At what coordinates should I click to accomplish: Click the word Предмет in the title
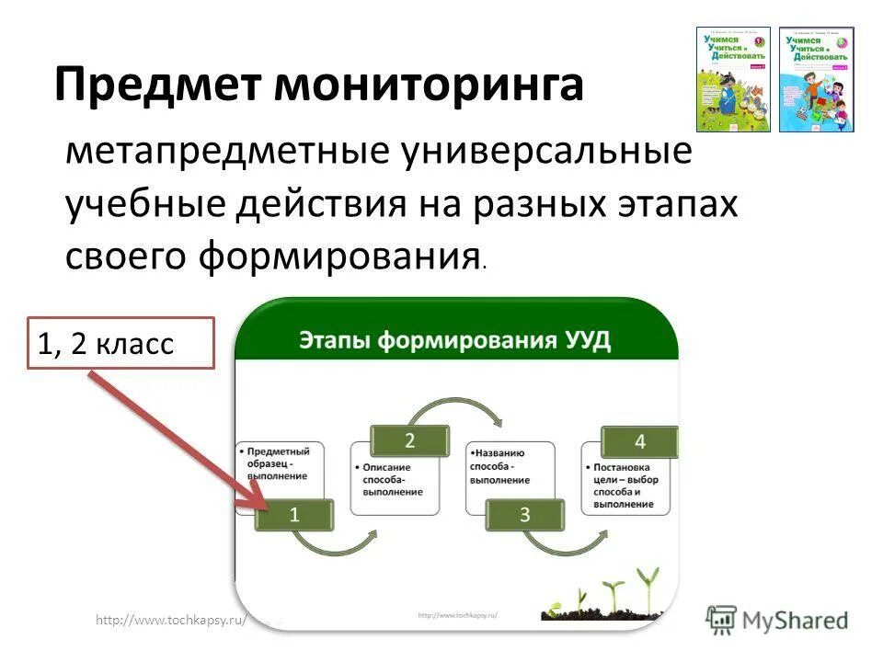(x=158, y=86)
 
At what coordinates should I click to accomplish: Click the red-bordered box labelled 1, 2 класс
(x=120, y=344)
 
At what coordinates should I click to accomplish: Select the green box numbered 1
(x=294, y=515)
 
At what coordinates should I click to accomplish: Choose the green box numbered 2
(x=409, y=440)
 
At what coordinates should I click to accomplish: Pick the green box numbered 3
(x=524, y=515)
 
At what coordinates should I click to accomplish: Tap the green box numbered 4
(x=639, y=442)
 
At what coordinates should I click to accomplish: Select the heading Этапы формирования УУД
(x=454, y=341)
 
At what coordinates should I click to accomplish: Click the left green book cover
(x=733, y=79)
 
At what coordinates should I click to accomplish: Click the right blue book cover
(x=816, y=79)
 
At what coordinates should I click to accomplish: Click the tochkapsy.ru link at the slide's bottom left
(x=171, y=621)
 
